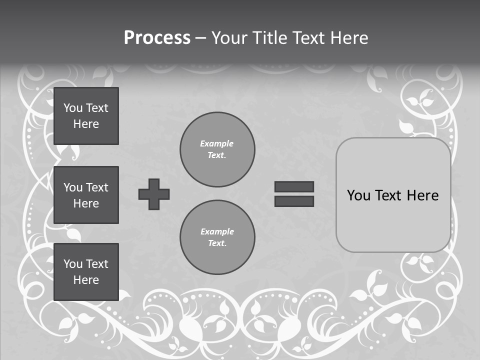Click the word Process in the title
(x=157, y=38)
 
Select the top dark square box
(x=86, y=116)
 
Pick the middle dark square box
(x=86, y=195)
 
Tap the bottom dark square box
(x=86, y=272)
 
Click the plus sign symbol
(x=154, y=194)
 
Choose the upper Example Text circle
(x=217, y=149)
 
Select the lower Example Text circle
(x=217, y=237)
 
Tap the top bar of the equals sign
(x=294, y=186)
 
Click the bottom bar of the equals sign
(x=294, y=201)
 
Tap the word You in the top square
(x=73, y=108)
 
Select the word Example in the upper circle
(x=216, y=143)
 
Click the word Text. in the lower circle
(x=217, y=243)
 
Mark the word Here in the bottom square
(x=86, y=280)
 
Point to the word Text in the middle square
(x=97, y=187)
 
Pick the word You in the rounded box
(x=358, y=195)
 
